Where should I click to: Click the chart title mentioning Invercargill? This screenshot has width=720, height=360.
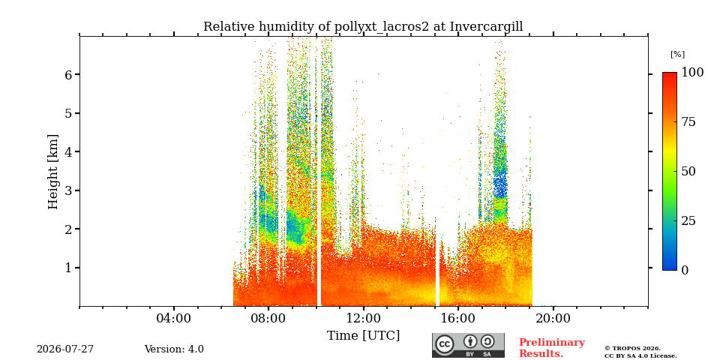pos(363,26)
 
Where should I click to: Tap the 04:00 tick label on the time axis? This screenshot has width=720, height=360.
pos(174,319)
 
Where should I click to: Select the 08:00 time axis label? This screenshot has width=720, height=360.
pos(268,319)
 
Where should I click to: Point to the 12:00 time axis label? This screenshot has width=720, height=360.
pos(364,319)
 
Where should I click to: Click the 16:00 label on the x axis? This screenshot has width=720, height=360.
pos(458,319)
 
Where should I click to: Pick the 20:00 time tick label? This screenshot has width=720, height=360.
pos(553,319)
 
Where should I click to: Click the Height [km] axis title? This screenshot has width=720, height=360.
pos(53,172)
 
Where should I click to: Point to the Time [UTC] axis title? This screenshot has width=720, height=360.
pos(363,336)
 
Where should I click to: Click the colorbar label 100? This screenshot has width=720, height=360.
pos(692,72)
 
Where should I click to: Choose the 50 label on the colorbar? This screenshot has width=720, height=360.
pos(688,171)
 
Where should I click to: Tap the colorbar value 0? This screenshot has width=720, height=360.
pos(685,271)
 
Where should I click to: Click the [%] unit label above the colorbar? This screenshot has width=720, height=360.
pos(677,55)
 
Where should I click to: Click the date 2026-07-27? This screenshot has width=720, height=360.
pos(65,349)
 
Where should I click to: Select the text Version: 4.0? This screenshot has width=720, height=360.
pos(174,349)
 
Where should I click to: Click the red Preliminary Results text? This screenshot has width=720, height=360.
pos(552,348)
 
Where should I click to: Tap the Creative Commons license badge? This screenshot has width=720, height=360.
pos(468,345)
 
